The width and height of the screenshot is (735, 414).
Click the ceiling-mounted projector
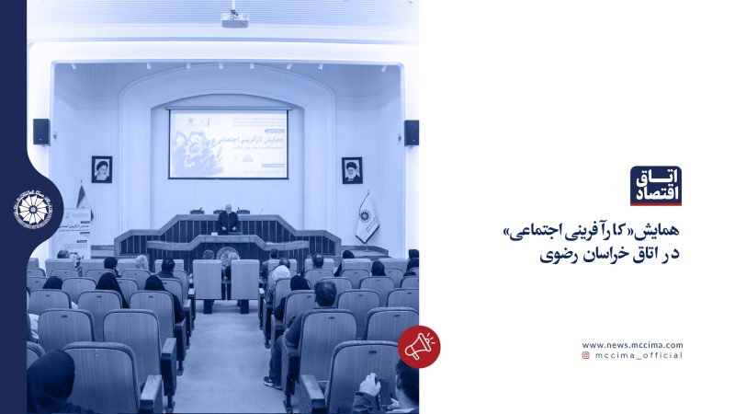coord(234,18)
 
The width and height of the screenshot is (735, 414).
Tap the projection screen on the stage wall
coord(228,144)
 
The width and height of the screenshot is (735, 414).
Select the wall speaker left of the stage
coord(41,132)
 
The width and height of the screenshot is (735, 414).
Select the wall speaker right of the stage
coord(411,132)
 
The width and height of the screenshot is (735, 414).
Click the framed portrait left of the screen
coord(101,169)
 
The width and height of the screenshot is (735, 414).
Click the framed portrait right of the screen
coord(352,170)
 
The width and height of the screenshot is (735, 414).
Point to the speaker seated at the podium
coord(227,219)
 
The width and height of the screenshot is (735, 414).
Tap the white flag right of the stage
coord(367,216)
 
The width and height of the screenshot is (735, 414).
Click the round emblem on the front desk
coord(228,257)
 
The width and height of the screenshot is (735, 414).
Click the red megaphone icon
coord(419,347)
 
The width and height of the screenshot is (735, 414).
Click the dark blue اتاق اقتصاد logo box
coord(656,186)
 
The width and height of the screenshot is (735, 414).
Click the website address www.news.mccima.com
coord(632,345)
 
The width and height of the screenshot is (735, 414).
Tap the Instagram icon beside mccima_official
coord(585,355)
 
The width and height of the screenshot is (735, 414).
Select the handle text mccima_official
coord(639,355)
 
